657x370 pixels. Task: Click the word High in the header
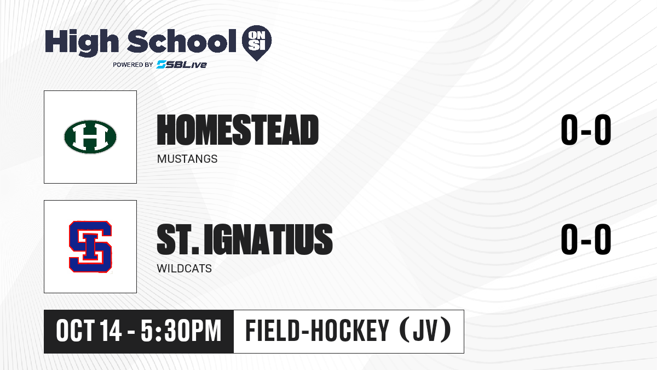pos(82,42)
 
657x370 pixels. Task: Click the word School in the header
pos(182,41)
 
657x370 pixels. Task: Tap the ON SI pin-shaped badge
pos(257,43)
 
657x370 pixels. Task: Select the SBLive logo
pos(182,64)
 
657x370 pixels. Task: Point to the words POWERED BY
pos(133,65)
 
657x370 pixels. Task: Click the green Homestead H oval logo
pos(90,137)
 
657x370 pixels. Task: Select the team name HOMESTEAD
pos(238,130)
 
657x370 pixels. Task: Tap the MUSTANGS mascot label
pos(187,159)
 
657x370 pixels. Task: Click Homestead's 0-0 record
pos(586,129)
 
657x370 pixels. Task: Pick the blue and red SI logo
pos(90,247)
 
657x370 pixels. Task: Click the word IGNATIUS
pos(268,239)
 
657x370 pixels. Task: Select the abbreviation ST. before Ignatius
pos(178,239)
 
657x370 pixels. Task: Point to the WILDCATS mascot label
pos(184,269)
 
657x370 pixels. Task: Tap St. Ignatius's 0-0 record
pos(586,239)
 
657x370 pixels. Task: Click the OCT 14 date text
pos(89,331)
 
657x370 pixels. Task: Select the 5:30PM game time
pos(181,331)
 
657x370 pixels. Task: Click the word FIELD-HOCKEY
pos(318,331)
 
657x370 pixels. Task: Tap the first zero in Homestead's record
pos(569,129)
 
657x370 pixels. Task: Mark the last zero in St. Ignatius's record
pos(603,239)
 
